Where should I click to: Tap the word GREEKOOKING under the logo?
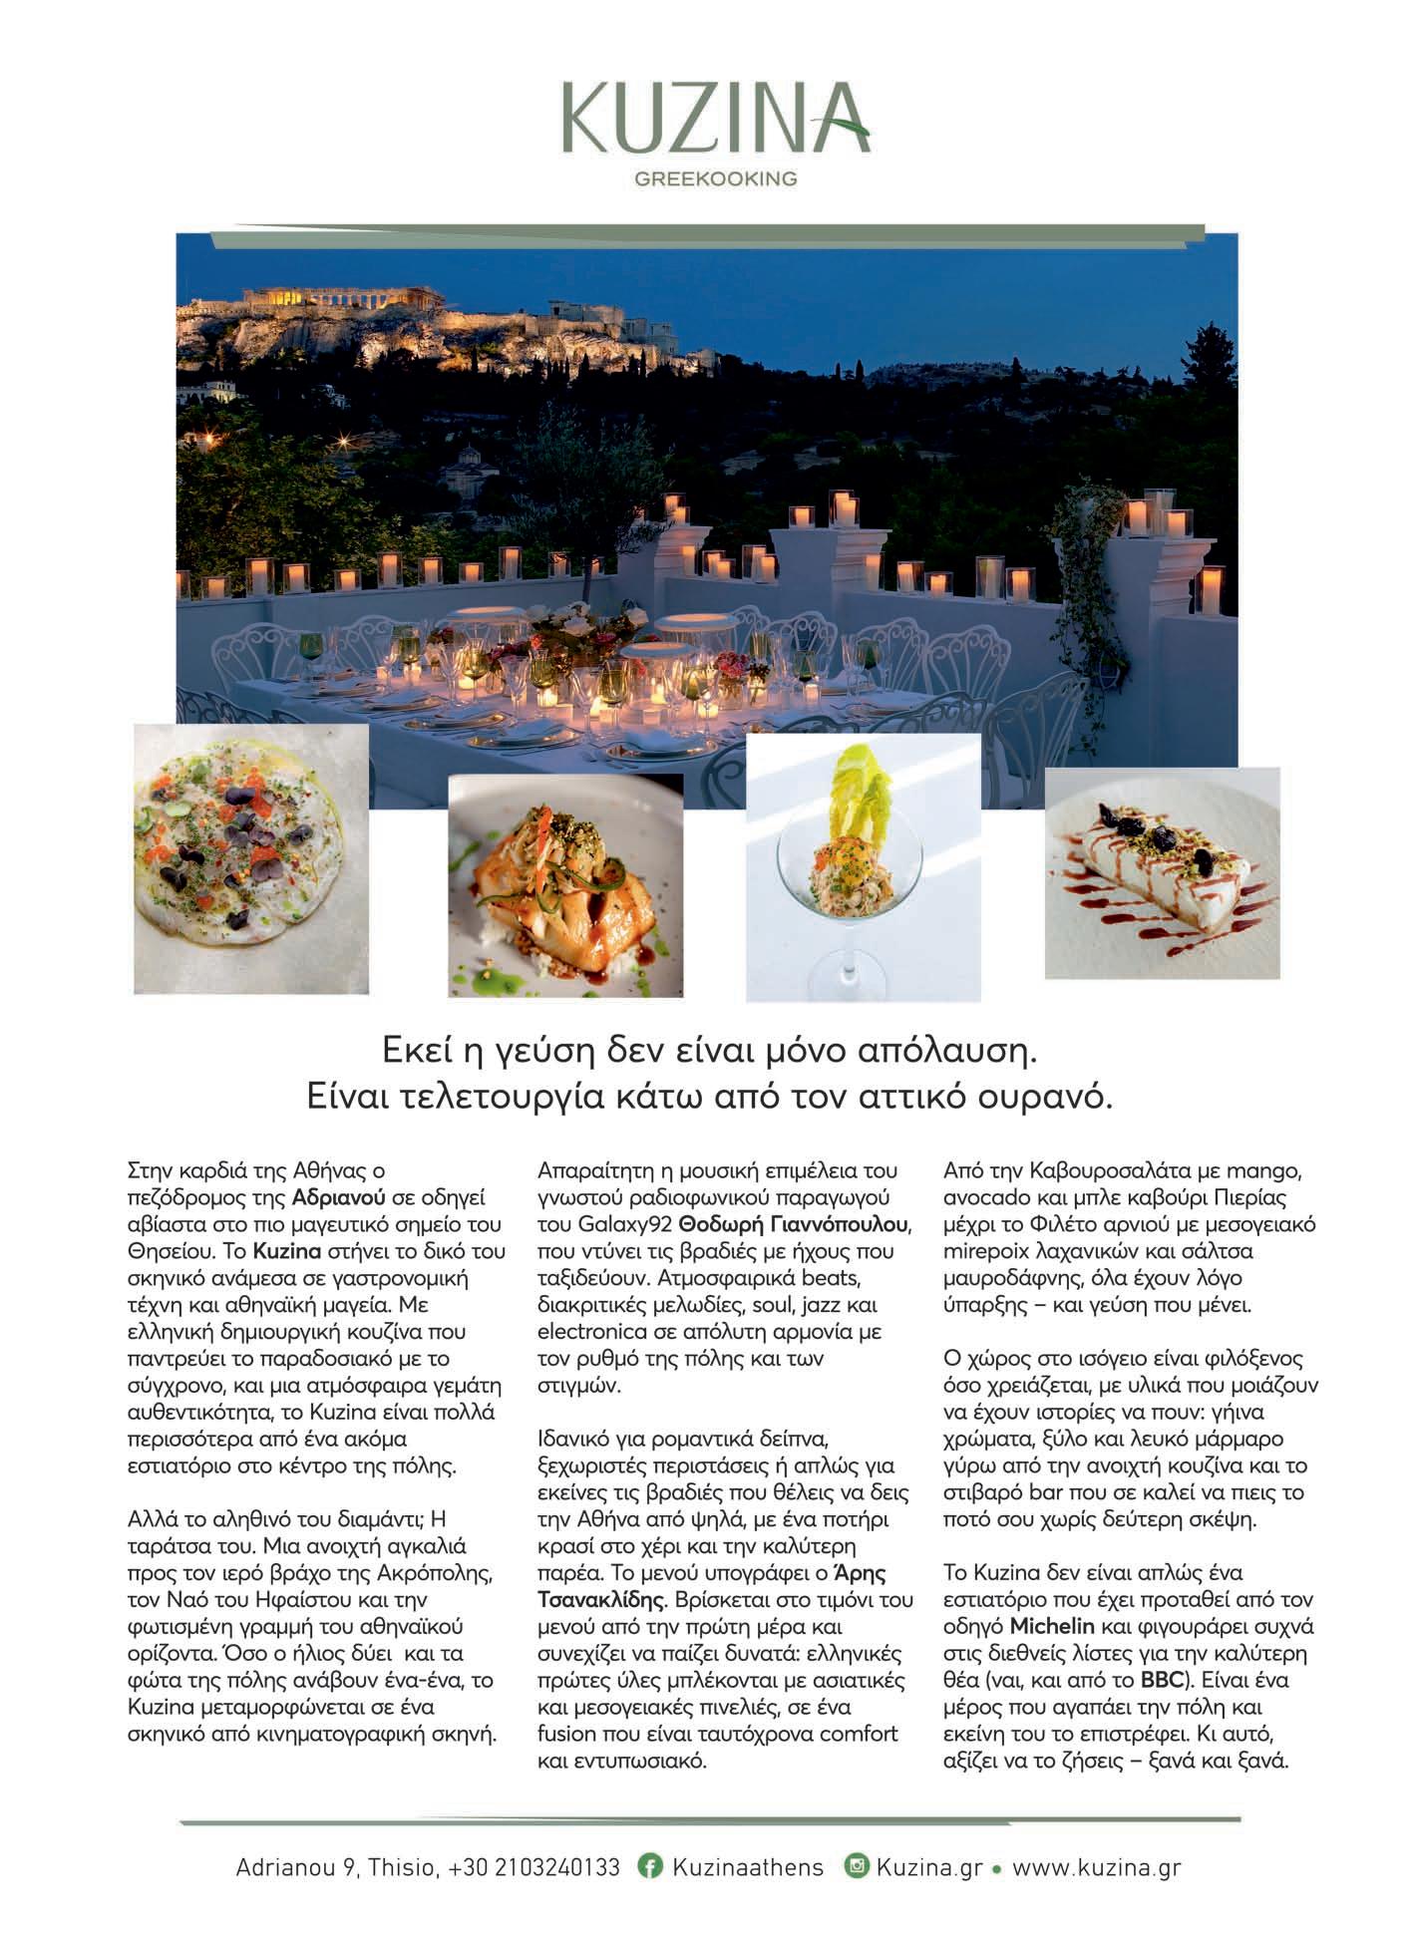(715, 179)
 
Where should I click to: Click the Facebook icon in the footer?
(650, 1867)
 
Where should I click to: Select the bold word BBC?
(1162, 1680)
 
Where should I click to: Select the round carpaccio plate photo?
(251, 858)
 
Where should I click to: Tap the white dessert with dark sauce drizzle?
(1161, 871)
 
